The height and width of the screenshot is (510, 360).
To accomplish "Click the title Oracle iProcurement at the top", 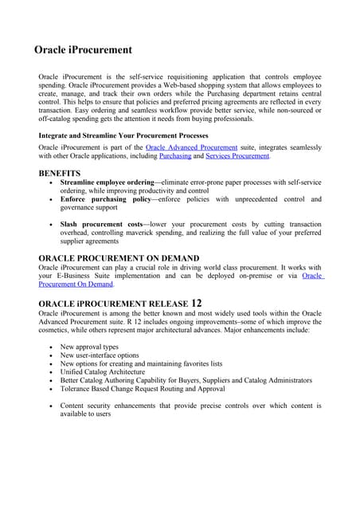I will click(84, 50).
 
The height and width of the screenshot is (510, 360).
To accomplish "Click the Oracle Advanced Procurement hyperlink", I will click(192, 147).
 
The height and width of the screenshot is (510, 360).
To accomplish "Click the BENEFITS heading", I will click(60, 173).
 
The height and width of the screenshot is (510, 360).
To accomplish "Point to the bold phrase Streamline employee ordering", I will click(107, 182).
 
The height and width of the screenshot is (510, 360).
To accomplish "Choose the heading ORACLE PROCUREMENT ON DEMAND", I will click(119, 258).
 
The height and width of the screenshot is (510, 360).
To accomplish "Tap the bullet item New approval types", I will click(90, 347).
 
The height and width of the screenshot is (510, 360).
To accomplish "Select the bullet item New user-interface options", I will click(100, 355).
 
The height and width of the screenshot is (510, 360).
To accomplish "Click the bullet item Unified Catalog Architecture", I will click(103, 372).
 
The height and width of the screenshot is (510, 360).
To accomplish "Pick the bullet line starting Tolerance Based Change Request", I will click(143, 389).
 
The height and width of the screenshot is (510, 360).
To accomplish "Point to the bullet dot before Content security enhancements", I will click(52, 406).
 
